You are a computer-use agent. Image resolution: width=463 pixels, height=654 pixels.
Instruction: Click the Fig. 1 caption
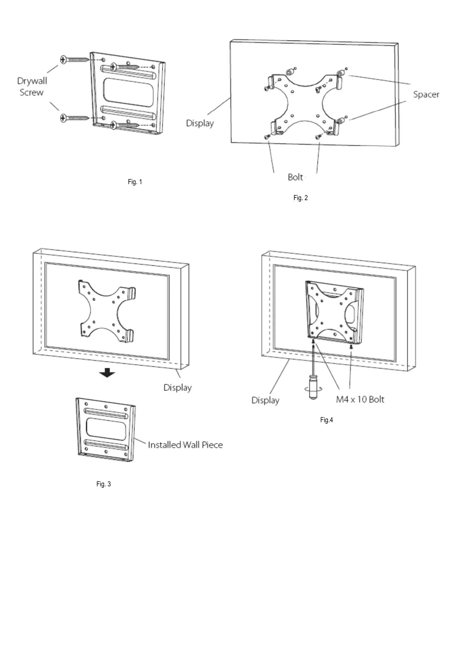tap(135, 182)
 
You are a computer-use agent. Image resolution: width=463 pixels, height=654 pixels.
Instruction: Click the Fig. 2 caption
tap(300, 198)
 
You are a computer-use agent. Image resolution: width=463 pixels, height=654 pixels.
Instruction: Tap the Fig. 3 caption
tap(103, 484)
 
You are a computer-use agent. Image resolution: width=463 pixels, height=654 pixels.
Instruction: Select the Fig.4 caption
tap(326, 420)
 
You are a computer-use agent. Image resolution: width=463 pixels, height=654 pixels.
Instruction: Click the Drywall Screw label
tap(32, 87)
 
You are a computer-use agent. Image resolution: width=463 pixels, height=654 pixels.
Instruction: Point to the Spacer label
tap(426, 95)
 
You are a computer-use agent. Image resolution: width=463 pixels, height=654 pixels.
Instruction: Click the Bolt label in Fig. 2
tap(295, 177)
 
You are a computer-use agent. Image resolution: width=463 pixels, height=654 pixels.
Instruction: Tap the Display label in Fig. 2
tap(200, 123)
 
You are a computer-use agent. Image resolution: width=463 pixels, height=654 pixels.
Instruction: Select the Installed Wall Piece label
tap(185, 445)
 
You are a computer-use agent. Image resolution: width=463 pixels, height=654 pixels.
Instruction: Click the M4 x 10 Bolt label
tap(360, 399)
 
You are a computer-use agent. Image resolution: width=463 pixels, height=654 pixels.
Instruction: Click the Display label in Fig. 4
tap(265, 401)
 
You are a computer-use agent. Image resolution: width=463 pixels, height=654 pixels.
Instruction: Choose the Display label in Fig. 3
tap(178, 388)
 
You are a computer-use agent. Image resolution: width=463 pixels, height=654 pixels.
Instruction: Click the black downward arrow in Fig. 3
tap(107, 373)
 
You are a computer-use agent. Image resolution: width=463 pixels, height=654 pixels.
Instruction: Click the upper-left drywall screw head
tap(63, 59)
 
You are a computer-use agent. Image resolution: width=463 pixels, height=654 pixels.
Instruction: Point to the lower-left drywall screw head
tap(63, 118)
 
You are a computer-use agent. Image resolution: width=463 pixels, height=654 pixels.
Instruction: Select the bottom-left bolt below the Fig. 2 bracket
tap(267, 138)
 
